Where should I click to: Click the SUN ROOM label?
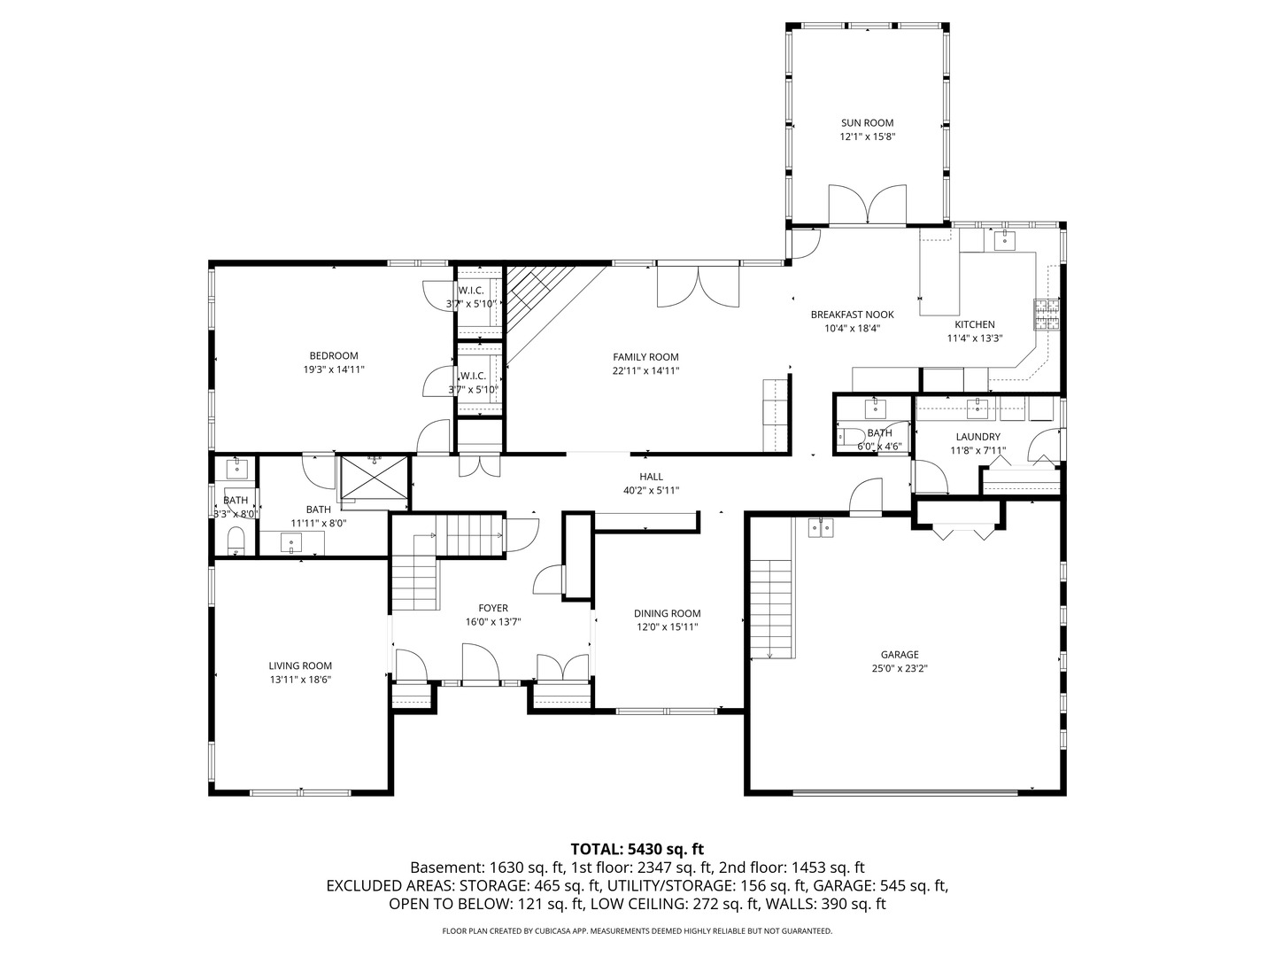[x=867, y=123]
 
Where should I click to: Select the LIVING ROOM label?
[x=300, y=665]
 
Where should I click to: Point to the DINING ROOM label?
[x=667, y=613]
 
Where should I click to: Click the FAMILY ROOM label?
[x=645, y=357]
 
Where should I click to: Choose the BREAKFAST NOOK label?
[x=852, y=315]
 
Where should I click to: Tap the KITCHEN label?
[x=974, y=324]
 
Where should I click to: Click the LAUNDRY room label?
[x=977, y=437]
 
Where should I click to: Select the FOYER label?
[x=493, y=608]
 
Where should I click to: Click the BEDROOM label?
[x=333, y=356]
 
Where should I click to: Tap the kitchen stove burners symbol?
[x=1047, y=315]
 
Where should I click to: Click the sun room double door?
[x=867, y=205]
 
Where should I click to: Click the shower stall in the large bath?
[x=375, y=479]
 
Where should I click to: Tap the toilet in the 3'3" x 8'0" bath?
[x=236, y=539]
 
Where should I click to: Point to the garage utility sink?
[x=821, y=528]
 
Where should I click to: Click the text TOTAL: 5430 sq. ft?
[x=637, y=849]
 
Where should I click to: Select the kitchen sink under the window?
[x=1004, y=240]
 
